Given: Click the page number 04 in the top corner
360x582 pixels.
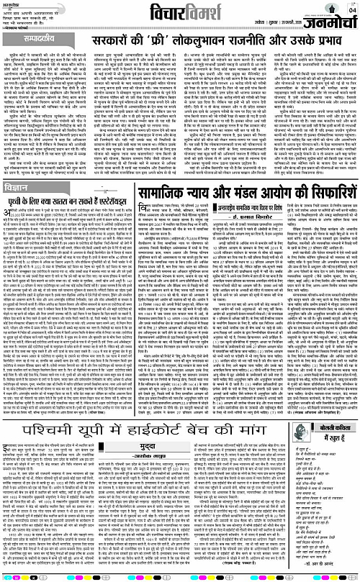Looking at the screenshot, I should pos(351,9).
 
